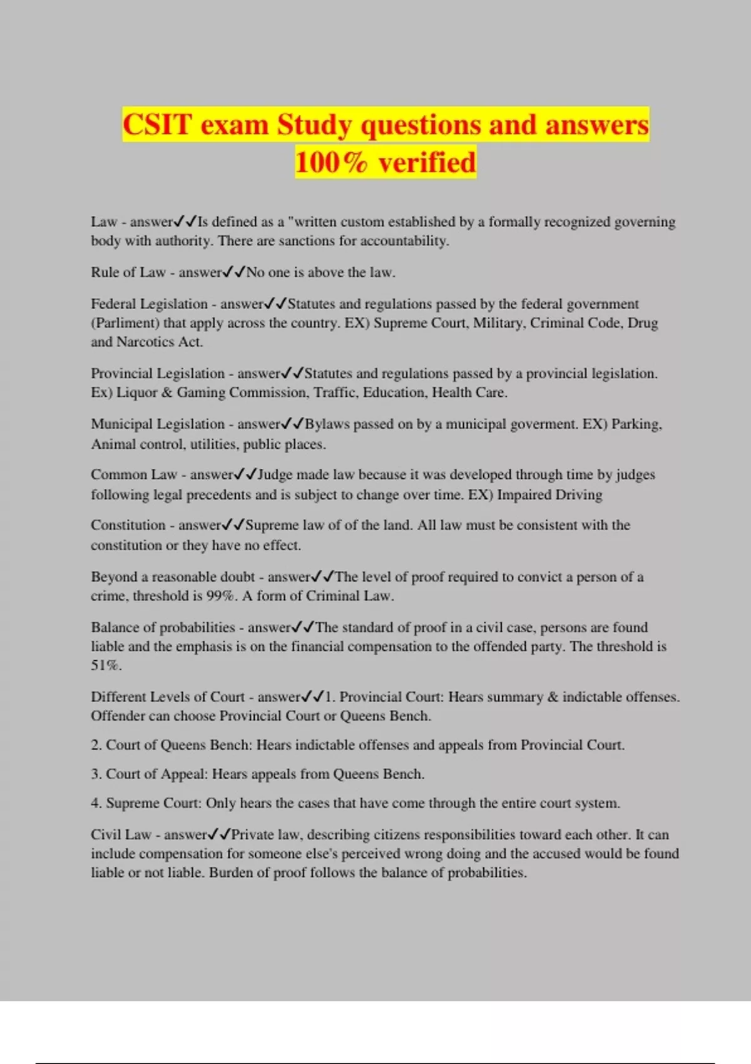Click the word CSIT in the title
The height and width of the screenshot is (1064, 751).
click(x=157, y=125)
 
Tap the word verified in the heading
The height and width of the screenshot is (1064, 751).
click(x=427, y=163)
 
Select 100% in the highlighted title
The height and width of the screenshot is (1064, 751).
click(x=331, y=163)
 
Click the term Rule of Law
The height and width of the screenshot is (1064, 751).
click(x=128, y=272)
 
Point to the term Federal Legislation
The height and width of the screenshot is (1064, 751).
click(x=149, y=304)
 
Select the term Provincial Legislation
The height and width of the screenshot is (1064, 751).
click(x=157, y=374)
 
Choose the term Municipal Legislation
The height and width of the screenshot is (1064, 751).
click(x=157, y=424)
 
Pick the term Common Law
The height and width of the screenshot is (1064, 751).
click(x=133, y=475)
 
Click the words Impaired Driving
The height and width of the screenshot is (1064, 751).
click(x=549, y=495)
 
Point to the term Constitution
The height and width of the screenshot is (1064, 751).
click(x=128, y=525)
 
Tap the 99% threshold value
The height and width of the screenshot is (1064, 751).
click(x=221, y=596)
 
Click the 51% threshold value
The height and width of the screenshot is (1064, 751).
click(x=106, y=665)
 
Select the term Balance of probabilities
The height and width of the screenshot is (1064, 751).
click(x=163, y=628)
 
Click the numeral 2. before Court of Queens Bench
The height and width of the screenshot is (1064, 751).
click(x=96, y=745)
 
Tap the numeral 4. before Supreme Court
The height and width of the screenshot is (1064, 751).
click(x=96, y=803)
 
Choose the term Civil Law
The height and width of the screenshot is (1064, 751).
click(x=121, y=835)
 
